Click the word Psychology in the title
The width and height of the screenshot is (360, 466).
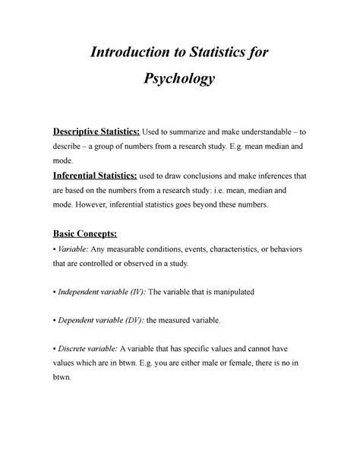179,79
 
